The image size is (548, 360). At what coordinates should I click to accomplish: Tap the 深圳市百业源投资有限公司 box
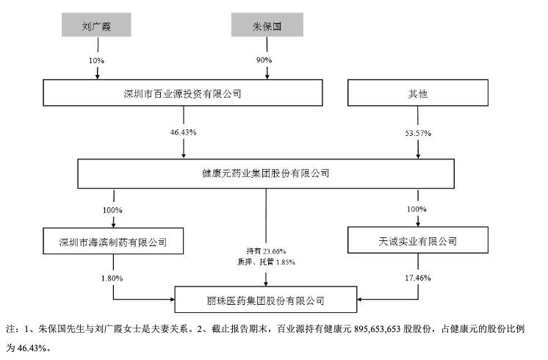coord(183,94)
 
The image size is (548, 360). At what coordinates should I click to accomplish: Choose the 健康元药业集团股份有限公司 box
coord(266,174)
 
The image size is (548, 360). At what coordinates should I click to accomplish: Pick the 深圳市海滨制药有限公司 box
coord(113,240)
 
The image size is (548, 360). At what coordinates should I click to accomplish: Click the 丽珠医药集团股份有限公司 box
coord(266,300)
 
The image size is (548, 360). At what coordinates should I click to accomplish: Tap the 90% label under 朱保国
coord(265,59)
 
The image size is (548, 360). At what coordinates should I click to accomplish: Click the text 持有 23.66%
coord(265,251)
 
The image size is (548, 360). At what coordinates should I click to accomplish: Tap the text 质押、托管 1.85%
coord(265,262)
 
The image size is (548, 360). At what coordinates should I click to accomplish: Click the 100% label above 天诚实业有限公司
coord(417,209)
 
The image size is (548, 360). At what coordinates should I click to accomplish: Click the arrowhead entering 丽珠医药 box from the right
coord(358,300)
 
